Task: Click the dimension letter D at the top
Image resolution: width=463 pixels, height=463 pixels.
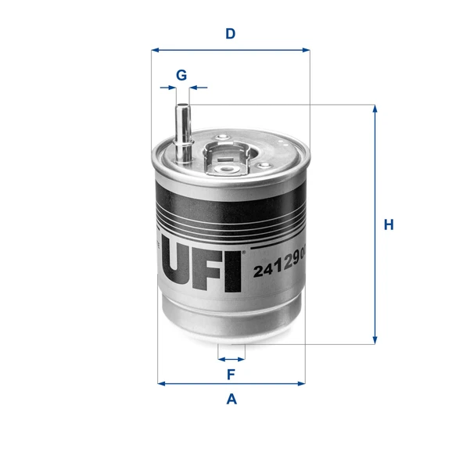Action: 231,34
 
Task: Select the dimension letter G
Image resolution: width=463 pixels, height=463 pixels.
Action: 181,75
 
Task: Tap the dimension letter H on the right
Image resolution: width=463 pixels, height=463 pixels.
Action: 388,225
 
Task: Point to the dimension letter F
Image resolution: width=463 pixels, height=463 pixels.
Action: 231,375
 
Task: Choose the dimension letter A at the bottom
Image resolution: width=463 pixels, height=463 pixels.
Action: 231,400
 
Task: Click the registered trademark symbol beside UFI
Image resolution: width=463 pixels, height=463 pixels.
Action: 244,252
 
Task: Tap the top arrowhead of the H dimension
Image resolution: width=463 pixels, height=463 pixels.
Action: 375,109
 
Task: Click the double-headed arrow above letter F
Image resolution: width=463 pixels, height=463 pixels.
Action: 231,359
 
